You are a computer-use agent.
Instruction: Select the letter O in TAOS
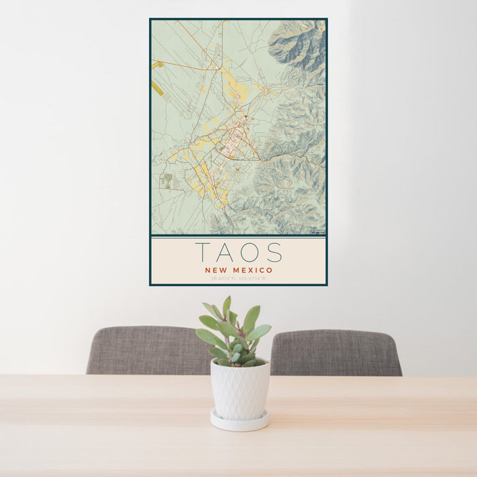point(251,253)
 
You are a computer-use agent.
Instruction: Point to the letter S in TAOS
point(274,253)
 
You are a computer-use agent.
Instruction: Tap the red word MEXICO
point(251,271)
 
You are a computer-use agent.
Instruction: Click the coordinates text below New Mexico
point(238,279)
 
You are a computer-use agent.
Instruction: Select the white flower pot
point(239,389)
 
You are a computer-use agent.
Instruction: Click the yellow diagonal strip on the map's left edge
point(158,89)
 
